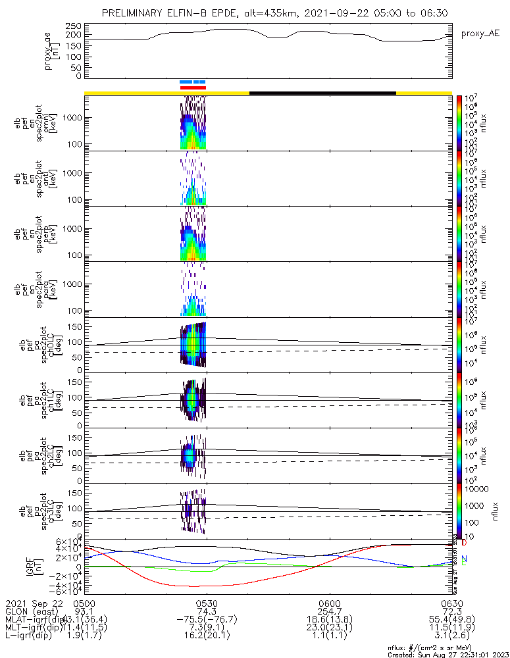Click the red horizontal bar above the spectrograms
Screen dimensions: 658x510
click(x=193, y=88)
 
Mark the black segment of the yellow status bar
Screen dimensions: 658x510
click(x=322, y=93)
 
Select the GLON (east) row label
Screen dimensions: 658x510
click(x=33, y=611)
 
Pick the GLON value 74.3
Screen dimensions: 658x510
click(x=207, y=611)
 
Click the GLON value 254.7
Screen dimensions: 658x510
click(x=329, y=611)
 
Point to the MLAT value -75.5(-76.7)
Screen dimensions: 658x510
click(x=207, y=620)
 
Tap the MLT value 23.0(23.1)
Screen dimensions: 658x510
click(x=329, y=628)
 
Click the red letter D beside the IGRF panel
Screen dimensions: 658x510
click(x=464, y=544)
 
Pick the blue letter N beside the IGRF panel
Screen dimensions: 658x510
click(x=464, y=558)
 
